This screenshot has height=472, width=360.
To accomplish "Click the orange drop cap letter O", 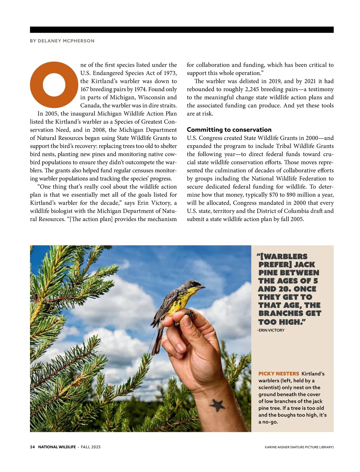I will click(54, 85).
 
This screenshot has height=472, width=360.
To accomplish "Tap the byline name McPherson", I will click(79, 41).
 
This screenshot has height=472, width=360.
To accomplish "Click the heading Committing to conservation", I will click(229, 130).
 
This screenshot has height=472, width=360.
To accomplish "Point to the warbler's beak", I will click(203, 287).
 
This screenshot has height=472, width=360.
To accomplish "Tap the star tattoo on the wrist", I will click(217, 405).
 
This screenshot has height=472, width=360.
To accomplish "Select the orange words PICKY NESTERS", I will click(279, 374).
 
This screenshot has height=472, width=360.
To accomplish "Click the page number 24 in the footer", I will click(32, 447).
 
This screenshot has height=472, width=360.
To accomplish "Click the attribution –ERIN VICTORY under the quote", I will click(271, 330).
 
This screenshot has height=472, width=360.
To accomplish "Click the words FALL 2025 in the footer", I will click(91, 447).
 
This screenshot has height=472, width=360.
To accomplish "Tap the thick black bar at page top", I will click(182, 30).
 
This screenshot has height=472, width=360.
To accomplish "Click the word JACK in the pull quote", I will click(304, 265).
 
